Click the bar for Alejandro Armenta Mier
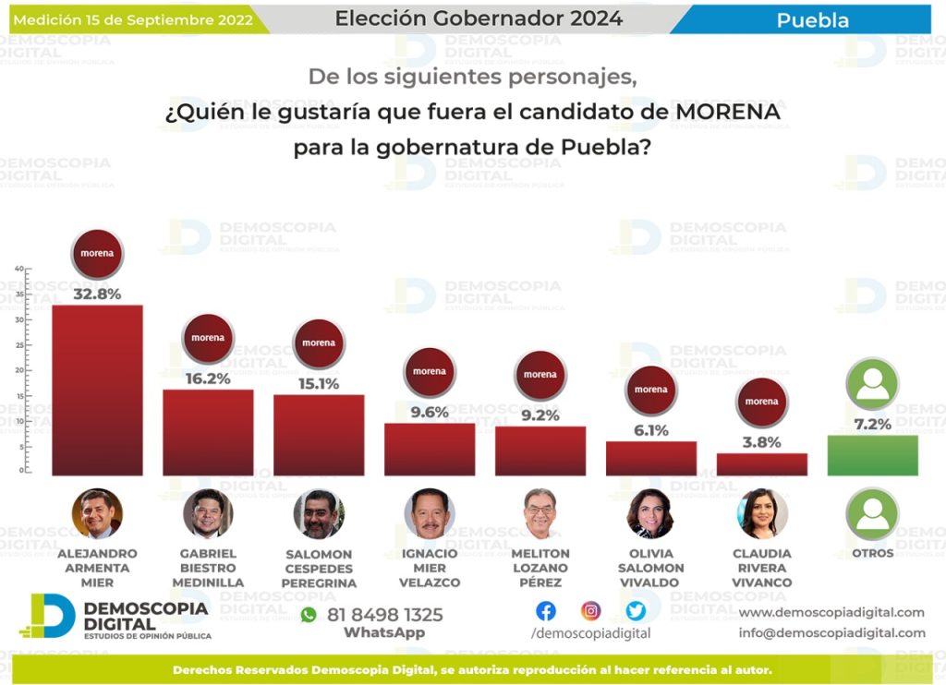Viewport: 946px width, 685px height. pyautogui.click(x=97, y=390)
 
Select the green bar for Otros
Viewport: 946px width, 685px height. pyautogui.click(x=872, y=455)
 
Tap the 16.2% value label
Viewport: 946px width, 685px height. pyautogui.click(x=208, y=379)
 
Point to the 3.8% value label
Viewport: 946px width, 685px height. pyautogui.click(x=762, y=442)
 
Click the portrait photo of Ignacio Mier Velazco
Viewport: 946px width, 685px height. pyautogui.click(x=430, y=514)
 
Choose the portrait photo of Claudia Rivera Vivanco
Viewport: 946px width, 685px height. pyautogui.click(x=762, y=514)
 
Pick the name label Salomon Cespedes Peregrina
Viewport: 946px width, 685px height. pyautogui.click(x=319, y=569)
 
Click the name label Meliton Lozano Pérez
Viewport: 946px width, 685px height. pyautogui.click(x=540, y=568)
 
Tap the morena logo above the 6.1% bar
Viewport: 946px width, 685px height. pyautogui.click(x=651, y=390)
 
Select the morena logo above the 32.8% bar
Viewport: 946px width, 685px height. pyautogui.click(x=97, y=253)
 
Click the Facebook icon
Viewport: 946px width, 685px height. pyautogui.click(x=546, y=611)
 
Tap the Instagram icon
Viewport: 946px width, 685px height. pyautogui.click(x=591, y=611)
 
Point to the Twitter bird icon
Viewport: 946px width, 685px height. pyautogui.click(x=636, y=611)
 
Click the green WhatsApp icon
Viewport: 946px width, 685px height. pyautogui.click(x=309, y=615)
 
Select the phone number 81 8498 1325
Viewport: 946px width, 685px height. pyautogui.click(x=384, y=615)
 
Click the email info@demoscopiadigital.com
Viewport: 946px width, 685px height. pyautogui.click(x=831, y=632)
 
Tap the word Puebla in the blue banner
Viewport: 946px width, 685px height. pyautogui.click(x=812, y=19)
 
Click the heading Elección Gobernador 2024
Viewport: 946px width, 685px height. pyautogui.click(x=479, y=18)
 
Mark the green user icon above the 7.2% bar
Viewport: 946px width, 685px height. pyautogui.click(x=872, y=384)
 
